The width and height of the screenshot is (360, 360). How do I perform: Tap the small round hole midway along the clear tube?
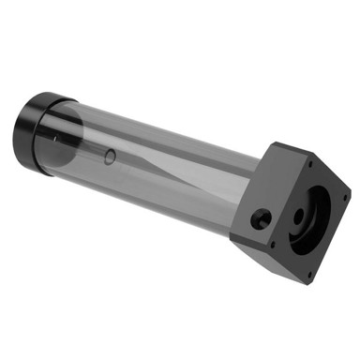click(x=111, y=156)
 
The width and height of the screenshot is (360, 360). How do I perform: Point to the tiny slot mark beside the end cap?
click(x=55, y=140)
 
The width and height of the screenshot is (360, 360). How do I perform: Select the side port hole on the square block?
click(x=262, y=219)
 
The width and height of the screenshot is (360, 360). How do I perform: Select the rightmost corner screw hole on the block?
click(x=342, y=199)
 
